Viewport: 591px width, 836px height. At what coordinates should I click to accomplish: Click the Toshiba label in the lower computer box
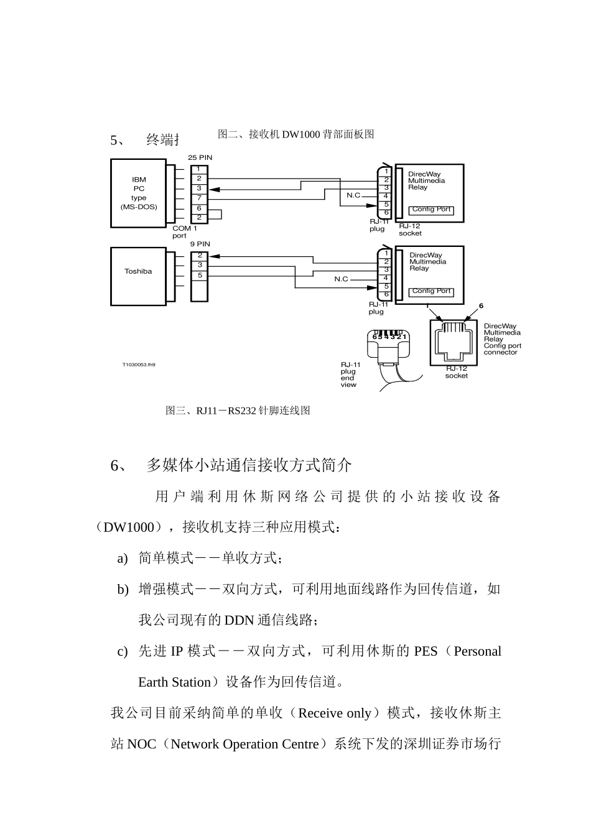coord(137,271)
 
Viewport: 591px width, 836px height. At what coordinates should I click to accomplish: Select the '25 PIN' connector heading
coord(200,157)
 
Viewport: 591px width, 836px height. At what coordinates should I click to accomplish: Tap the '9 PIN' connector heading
coord(200,244)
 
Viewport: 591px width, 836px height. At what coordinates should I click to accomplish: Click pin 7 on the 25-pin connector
coord(199,198)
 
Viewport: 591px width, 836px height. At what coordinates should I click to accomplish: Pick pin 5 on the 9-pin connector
coord(199,275)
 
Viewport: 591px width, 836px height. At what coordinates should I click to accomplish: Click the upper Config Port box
coord(431,210)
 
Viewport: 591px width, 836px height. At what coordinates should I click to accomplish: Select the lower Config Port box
coord(431,291)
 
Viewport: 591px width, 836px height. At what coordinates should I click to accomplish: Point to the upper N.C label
coord(353,195)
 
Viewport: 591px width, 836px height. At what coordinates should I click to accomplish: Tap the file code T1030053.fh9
coord(138,365)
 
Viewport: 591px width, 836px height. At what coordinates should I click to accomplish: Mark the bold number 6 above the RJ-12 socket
coord(481,305)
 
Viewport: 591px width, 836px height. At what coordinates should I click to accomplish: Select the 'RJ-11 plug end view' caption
coord(350,374)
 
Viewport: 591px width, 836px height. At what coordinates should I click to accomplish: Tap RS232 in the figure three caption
coord(241,411)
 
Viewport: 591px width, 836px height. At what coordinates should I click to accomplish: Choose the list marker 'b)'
coord(123,589)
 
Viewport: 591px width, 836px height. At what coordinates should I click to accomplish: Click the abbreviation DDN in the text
coord(240,620)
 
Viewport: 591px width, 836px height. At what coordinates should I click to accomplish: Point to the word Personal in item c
coord(477,651)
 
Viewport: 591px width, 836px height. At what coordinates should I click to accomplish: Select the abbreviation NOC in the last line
coord(141,744)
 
